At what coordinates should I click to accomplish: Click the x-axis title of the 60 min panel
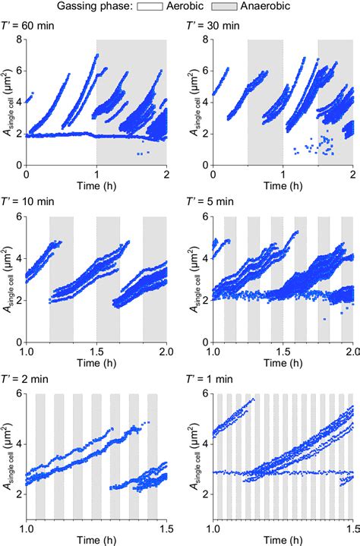pyautogui.click(x=96, y=186)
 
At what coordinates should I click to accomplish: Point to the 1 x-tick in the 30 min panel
pyautogui.click(x=283, y=175)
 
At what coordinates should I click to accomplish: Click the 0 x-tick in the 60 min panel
pyautogui.click(x=27, y=175)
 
